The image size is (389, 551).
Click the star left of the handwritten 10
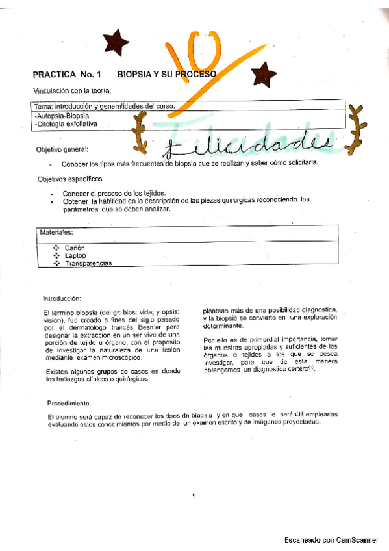pyautogui.click(x=116, y=41)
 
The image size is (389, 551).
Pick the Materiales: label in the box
pyautogui.click(x=56, y=231)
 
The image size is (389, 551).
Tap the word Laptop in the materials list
pyautogui.click(x=75, y=255)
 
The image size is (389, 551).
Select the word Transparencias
pyautogui.click(x=88, y=263)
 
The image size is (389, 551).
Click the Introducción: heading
pyautogui.click(x=62, y=298)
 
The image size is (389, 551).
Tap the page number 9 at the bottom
pyautogui.click(x=194, y=496)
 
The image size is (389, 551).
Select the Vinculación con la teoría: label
pyautogui.click(x=72, y=90)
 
